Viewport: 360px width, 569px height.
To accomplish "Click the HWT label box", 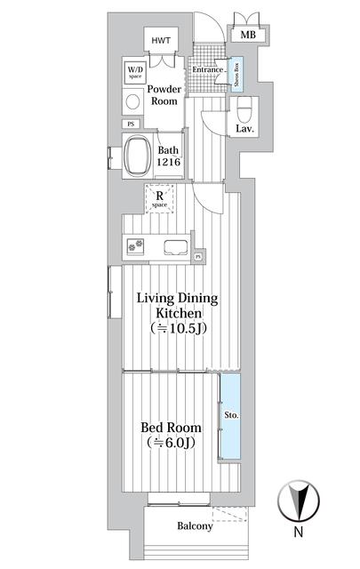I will pos(161,41).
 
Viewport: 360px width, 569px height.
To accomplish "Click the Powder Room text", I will pos(164,95).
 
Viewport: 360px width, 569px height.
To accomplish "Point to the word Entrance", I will pos(207,68).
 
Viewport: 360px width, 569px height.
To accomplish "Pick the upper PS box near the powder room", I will pos(132,124).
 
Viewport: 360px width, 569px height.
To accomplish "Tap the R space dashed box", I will pos(160,200).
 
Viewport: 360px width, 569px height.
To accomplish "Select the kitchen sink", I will pos(174,247).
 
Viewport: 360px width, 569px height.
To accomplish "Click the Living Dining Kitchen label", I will pos(177,306).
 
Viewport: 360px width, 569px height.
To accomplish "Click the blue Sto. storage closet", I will pos(230,415).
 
